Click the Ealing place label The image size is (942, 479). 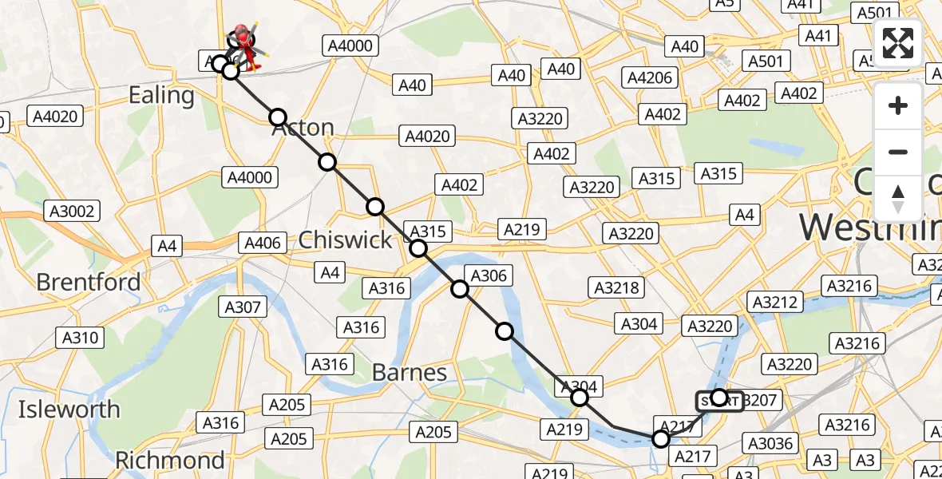pyautogui.click(x=161, y=96)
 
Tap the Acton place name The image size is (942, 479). pyautogui.click(x=303, y=128)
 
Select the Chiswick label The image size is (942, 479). pyautogui.click(x=345, y=240)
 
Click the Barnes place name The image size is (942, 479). pyautogui.click(x=410, y=372)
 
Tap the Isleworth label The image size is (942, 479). pyautogui.click(x=69, y=410)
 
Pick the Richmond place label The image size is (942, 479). pyautogui.click(x=169, y=461)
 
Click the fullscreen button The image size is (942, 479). pyautogui.click(x=898, y=43)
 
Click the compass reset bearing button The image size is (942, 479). pyautogui.click(x=898, y=199)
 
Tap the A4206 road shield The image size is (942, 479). pyautogui.click(x=651, y=77)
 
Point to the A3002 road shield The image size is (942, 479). pyautogui.click(x=72, y=212)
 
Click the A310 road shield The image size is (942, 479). pyautogui.click(x=81, y=338)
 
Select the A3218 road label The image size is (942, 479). pyautogui.click(x=618, y=287)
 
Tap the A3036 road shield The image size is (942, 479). pyautogui.click(x=768, y=443)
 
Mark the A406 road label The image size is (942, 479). pyautogui.click(x=263, y=243)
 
